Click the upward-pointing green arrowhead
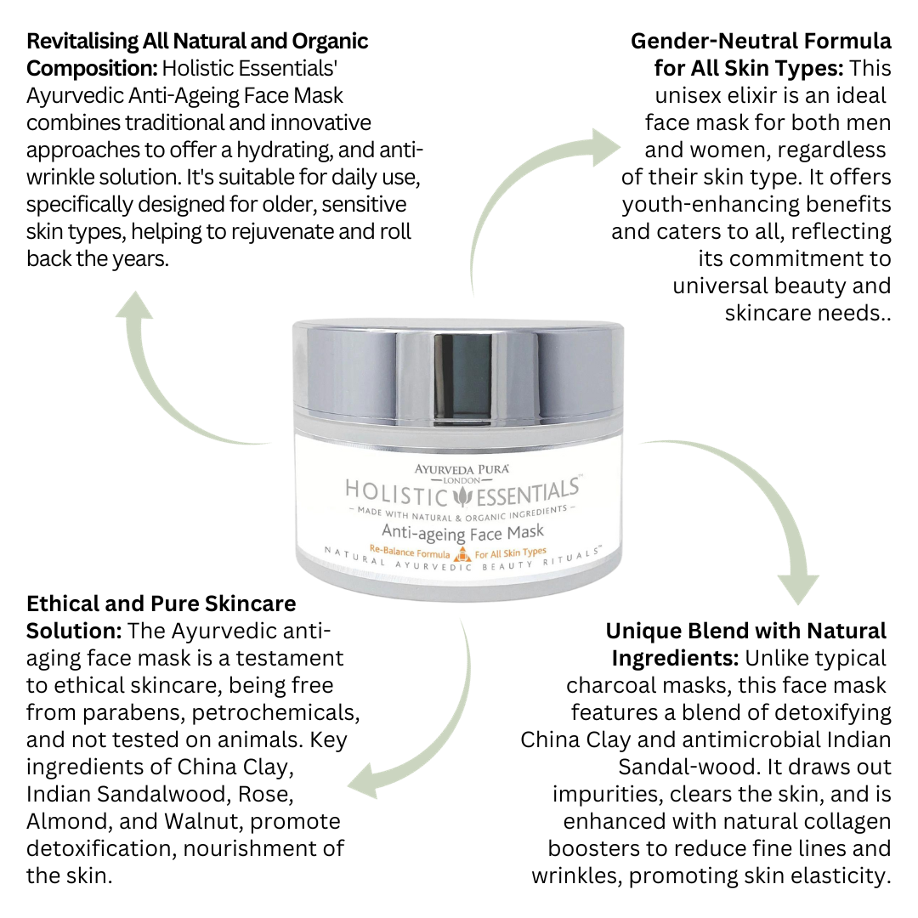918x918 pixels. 134,304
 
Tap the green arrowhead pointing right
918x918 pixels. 605,147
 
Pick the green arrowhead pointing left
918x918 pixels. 363,781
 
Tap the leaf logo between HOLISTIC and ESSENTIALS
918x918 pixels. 463,497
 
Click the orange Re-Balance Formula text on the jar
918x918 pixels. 410,552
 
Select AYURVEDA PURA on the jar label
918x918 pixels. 462,469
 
